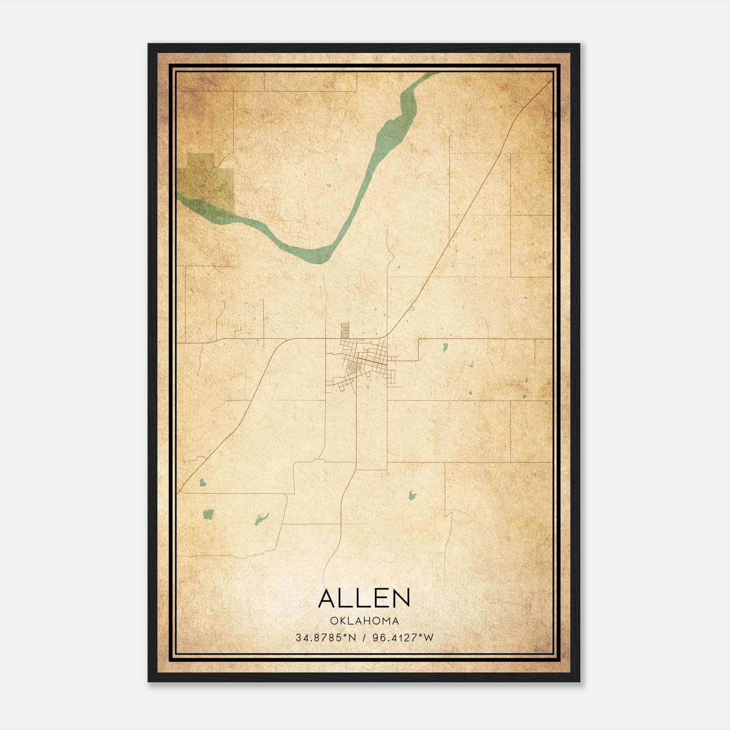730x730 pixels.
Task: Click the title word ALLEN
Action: pos(364,598)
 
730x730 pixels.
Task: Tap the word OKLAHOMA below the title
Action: pos(364,621)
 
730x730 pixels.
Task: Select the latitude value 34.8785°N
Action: pos(326,638)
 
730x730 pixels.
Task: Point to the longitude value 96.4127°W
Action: pos(403,638)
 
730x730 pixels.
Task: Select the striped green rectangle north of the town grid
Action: pos(345,329)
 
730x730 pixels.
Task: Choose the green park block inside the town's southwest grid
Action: pos(352,368)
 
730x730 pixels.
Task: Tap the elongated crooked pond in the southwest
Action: pos(261,519)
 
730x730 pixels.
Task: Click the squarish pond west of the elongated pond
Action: pos(208,514)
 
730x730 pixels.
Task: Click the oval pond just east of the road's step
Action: pos(444,348)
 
